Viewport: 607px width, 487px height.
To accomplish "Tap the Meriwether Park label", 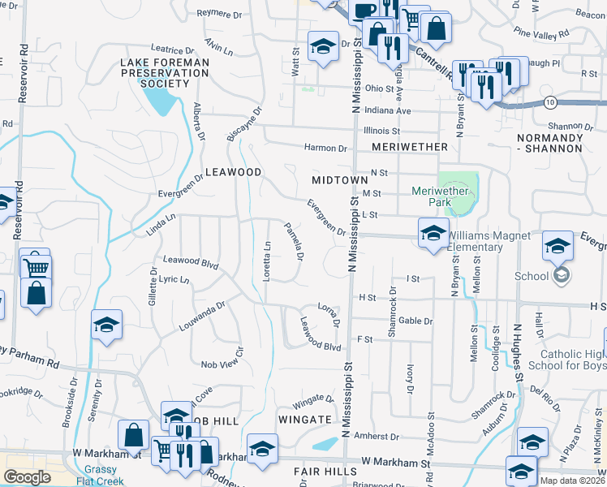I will coord(442,196).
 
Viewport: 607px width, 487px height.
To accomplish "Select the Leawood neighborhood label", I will coord(233,173).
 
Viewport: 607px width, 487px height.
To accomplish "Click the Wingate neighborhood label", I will coord(304,420).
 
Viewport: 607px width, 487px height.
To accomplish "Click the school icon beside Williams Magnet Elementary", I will coord(433,233).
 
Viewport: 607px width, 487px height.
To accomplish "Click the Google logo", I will coord(27,477).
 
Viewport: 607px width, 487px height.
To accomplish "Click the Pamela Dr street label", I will coord(293,242).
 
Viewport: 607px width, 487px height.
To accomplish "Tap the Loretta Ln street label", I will coord(267,261).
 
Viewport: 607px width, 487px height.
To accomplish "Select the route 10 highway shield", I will coord(550,102).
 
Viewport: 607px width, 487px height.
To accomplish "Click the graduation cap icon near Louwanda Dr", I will coord(107,325).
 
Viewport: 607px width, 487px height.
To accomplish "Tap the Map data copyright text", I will coord(573,481).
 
